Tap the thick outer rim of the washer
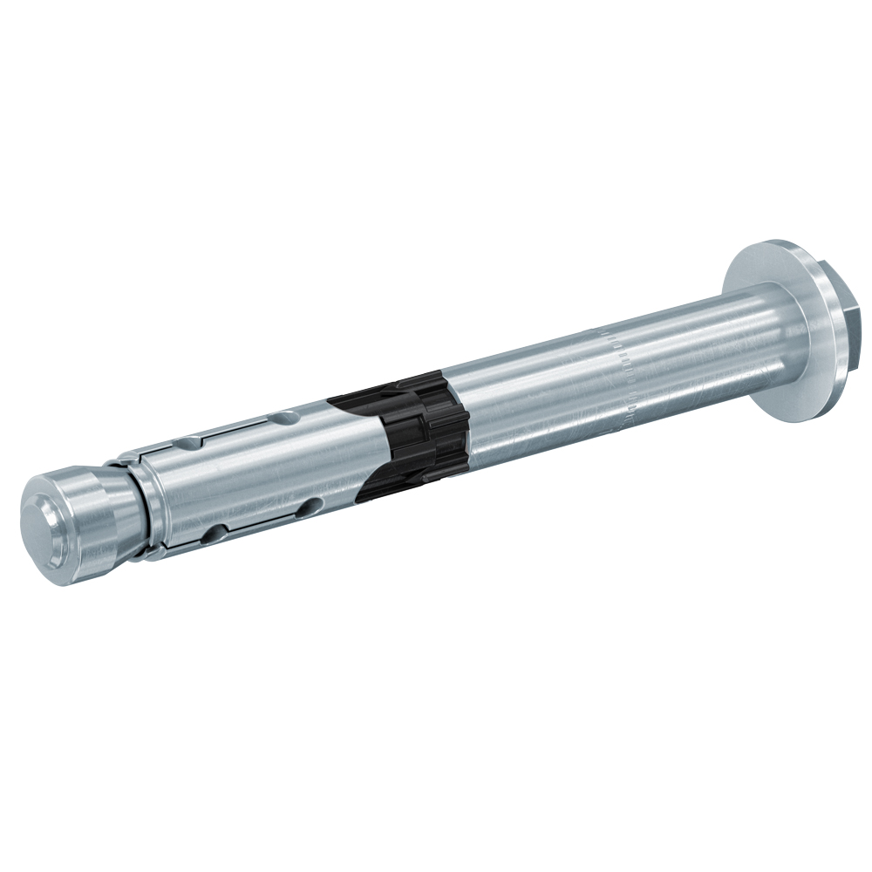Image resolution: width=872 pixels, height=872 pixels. pos(820,366)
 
